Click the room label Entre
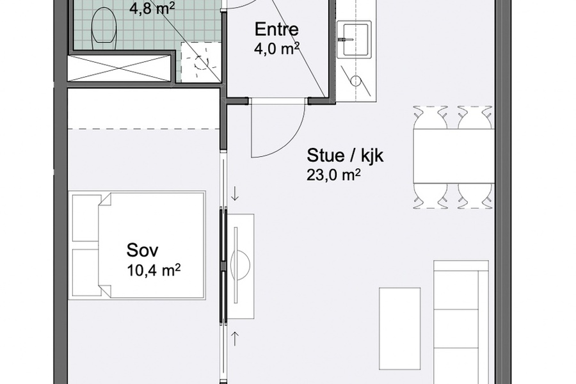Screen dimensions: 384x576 [277, 30]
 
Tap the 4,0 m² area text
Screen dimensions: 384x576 [277, 49]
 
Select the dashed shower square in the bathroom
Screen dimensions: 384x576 [200, 62]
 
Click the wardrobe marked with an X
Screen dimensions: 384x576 [120, 68]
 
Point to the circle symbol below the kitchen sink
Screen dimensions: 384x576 [356, 81]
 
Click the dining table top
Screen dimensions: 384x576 [453, 156]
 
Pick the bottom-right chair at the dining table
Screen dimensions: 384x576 [476, 195]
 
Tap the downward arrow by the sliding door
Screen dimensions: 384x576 [236, 193]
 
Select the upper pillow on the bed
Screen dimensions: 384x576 [84, 217]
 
